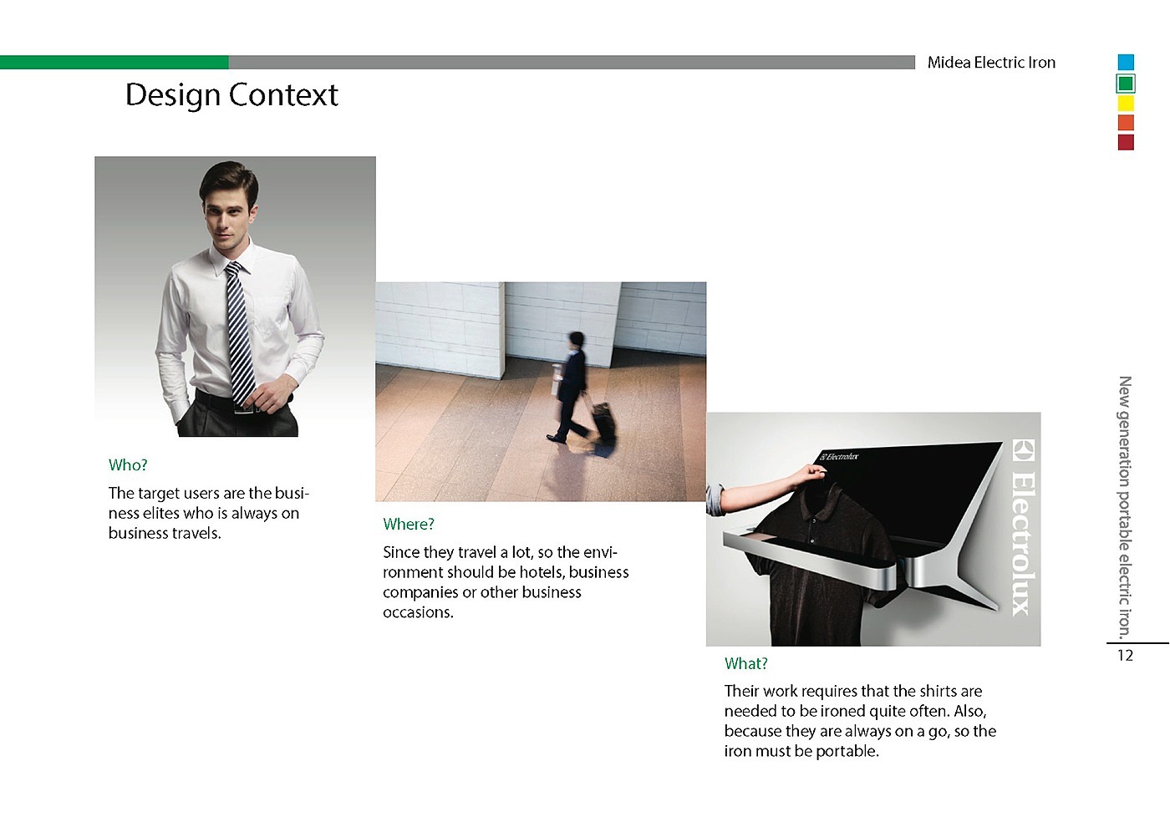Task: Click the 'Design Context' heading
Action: [232, 95]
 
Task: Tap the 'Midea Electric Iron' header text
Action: [991, 63]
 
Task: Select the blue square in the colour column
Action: [1127, 62]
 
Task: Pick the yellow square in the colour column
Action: [1127, 104]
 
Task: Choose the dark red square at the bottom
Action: [1127, 143]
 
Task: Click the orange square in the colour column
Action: [1127, 123]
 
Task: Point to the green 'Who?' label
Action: [128, 464]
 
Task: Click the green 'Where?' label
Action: [409, 525]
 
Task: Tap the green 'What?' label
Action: [745, 663]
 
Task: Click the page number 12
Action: [1125, 656]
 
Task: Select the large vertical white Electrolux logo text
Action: [1024, 527]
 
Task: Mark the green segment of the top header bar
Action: [114, 62]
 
